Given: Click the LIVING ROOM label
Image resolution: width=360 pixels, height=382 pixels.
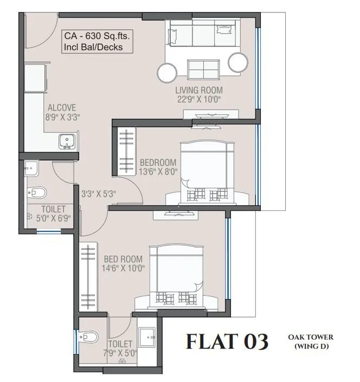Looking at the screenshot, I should point(199,90).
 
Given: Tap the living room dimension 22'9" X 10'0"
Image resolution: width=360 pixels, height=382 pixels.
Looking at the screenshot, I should point(199,99).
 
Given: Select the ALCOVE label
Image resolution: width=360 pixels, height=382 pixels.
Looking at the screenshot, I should point(62,107).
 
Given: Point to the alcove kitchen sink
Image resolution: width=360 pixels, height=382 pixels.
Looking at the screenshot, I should point(67,141).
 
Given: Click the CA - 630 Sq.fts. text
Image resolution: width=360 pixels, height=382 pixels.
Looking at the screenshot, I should point(98,37).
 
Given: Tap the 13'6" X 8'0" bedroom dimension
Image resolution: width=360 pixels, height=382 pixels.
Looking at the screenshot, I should point(158,172).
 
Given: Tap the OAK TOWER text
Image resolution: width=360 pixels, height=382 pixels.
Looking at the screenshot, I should point(311,336).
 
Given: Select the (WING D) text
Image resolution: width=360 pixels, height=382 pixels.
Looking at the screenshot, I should point(311,346).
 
